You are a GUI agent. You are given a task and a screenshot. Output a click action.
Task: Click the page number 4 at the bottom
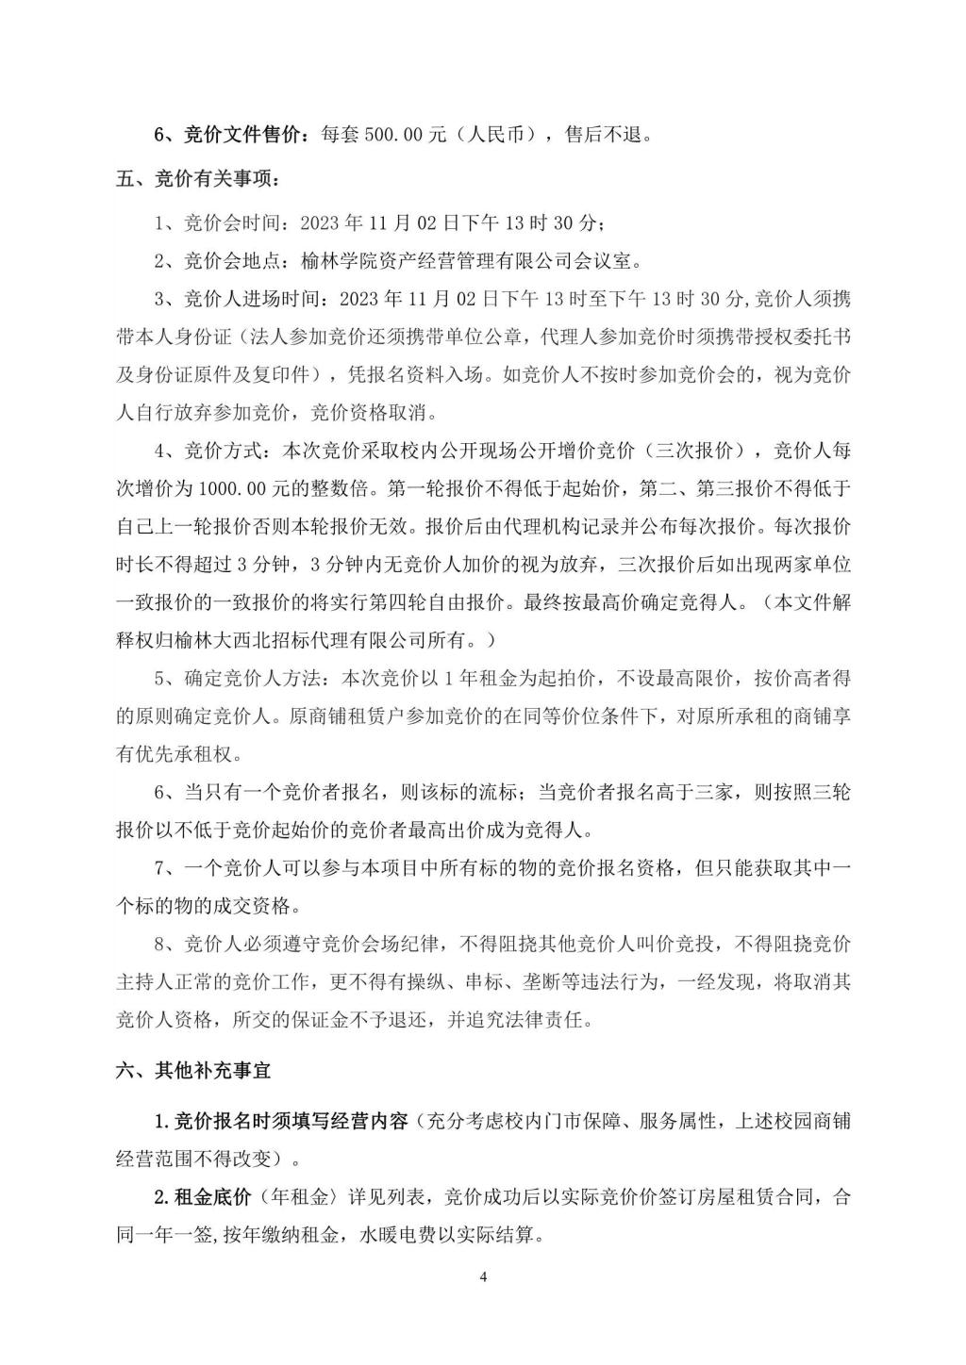click(483, 1277)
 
